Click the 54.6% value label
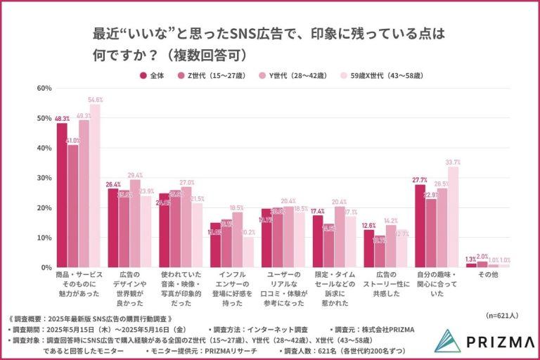click(x=95, y=100)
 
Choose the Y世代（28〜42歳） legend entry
click(x=295, y=75)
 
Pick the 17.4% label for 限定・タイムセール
click(x=318, y=211)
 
